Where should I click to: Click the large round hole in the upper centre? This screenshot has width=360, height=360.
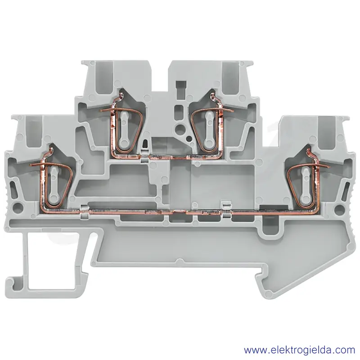[179, 127]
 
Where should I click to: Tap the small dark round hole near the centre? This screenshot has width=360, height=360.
[189, 139]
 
